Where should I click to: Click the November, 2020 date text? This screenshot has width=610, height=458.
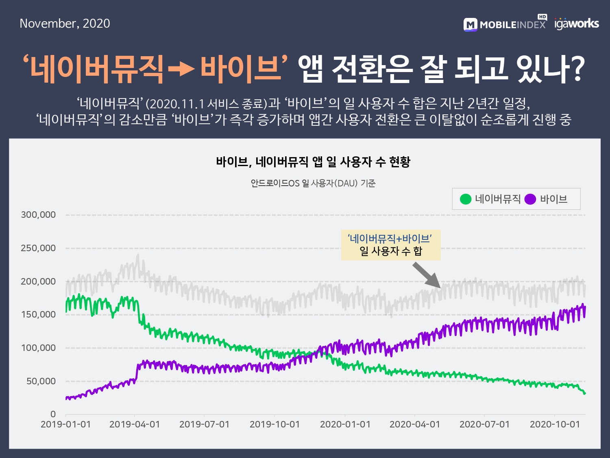65,24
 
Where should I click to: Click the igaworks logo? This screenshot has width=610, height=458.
577,24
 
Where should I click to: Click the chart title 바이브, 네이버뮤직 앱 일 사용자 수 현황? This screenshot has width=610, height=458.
313,162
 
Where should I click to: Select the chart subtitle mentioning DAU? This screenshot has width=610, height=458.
313,183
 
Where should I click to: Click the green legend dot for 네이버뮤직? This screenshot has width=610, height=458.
465,199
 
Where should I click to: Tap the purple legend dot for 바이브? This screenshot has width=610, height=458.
530,199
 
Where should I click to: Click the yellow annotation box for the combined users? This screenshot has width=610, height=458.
390,245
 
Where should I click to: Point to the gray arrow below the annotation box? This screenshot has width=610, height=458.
427,275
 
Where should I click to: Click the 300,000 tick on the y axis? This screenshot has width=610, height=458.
38,215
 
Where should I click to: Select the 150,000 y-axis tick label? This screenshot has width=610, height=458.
38,315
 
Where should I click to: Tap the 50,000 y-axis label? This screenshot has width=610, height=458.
41,381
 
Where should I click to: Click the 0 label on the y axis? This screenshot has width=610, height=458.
53,414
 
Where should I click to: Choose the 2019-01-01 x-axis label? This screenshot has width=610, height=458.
65,425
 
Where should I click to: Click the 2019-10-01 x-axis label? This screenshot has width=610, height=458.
274,425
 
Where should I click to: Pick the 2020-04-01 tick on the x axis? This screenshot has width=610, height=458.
414,425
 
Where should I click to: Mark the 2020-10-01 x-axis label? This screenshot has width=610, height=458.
555,425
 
